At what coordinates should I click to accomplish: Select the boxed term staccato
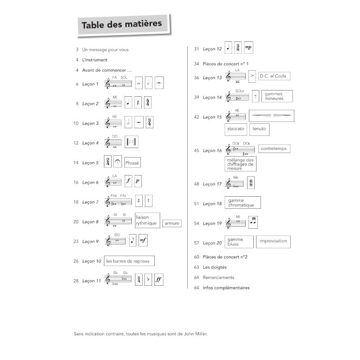click(x=236, y=129)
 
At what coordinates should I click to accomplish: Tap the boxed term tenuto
click(x=259, y=129)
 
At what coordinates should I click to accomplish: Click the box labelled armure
click(x=172, y=223)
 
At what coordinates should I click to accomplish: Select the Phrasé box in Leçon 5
click(x=132, y=163)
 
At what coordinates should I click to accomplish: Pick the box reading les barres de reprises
click(x=129, y=261)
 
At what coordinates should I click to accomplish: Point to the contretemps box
click(x=275, y=148)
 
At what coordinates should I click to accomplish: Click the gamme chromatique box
click(x=242, y=202)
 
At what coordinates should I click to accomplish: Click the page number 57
click(x=197, y=243)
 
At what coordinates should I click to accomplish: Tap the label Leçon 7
click(x=90, y=202)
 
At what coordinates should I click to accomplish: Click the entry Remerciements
click(x=219, y=278)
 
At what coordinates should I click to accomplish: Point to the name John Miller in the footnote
click(x=198, y=334)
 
